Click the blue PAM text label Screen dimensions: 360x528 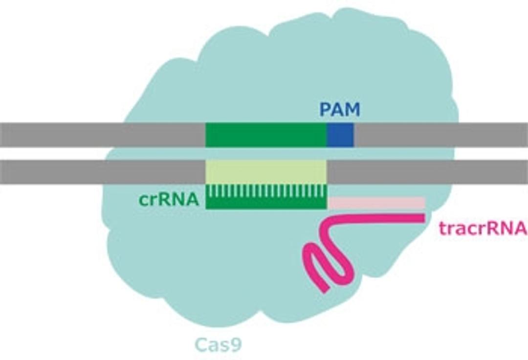tap(340, 109)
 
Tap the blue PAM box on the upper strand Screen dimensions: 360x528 tap(340, 135)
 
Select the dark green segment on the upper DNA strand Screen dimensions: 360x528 tap(265, 135)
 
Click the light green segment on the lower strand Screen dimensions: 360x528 tap(265, 172)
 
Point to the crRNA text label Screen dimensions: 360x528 tap(168, 200)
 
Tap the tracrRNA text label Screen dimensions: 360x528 tap(483, 228)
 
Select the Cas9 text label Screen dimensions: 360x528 tap(219, 345)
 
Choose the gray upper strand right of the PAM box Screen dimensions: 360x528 tap(440, 135)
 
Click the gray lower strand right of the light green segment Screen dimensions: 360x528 tap(425, 172)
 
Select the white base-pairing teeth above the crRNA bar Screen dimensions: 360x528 tap(265, 191)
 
